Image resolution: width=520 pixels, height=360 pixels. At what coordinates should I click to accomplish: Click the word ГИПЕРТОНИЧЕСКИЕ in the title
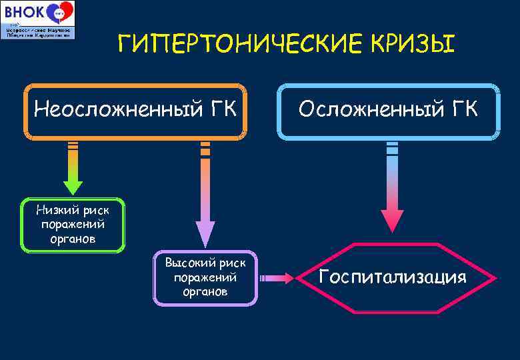(227, 45)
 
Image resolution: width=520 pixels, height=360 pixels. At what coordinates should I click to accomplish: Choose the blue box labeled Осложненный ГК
(388, 111)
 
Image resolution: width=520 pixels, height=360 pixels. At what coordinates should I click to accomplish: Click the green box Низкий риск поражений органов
(73, 225)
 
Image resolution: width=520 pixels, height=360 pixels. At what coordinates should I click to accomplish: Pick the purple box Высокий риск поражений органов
(205, 277)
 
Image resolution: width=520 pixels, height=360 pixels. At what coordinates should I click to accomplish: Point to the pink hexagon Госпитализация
(392, 277)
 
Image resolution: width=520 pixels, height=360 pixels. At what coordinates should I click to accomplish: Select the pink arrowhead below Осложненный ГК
(392, 221)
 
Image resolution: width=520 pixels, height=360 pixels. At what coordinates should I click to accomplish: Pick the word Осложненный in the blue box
(369, 107)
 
